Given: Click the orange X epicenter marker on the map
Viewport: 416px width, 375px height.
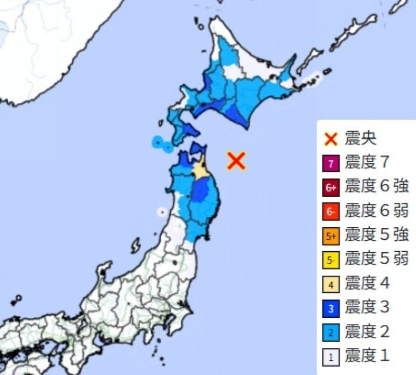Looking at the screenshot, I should [x=236, y=161].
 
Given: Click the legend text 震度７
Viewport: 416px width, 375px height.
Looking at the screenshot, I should [x=367, y=163].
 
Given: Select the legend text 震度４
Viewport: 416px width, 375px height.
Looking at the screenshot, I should [x=367, y=283].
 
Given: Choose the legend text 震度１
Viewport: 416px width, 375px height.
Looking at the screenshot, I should [x=367, y=356].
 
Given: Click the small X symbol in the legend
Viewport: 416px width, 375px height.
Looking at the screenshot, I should [x=331, y=139].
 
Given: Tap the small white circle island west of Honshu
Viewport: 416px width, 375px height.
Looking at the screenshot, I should [x=162, y=212].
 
